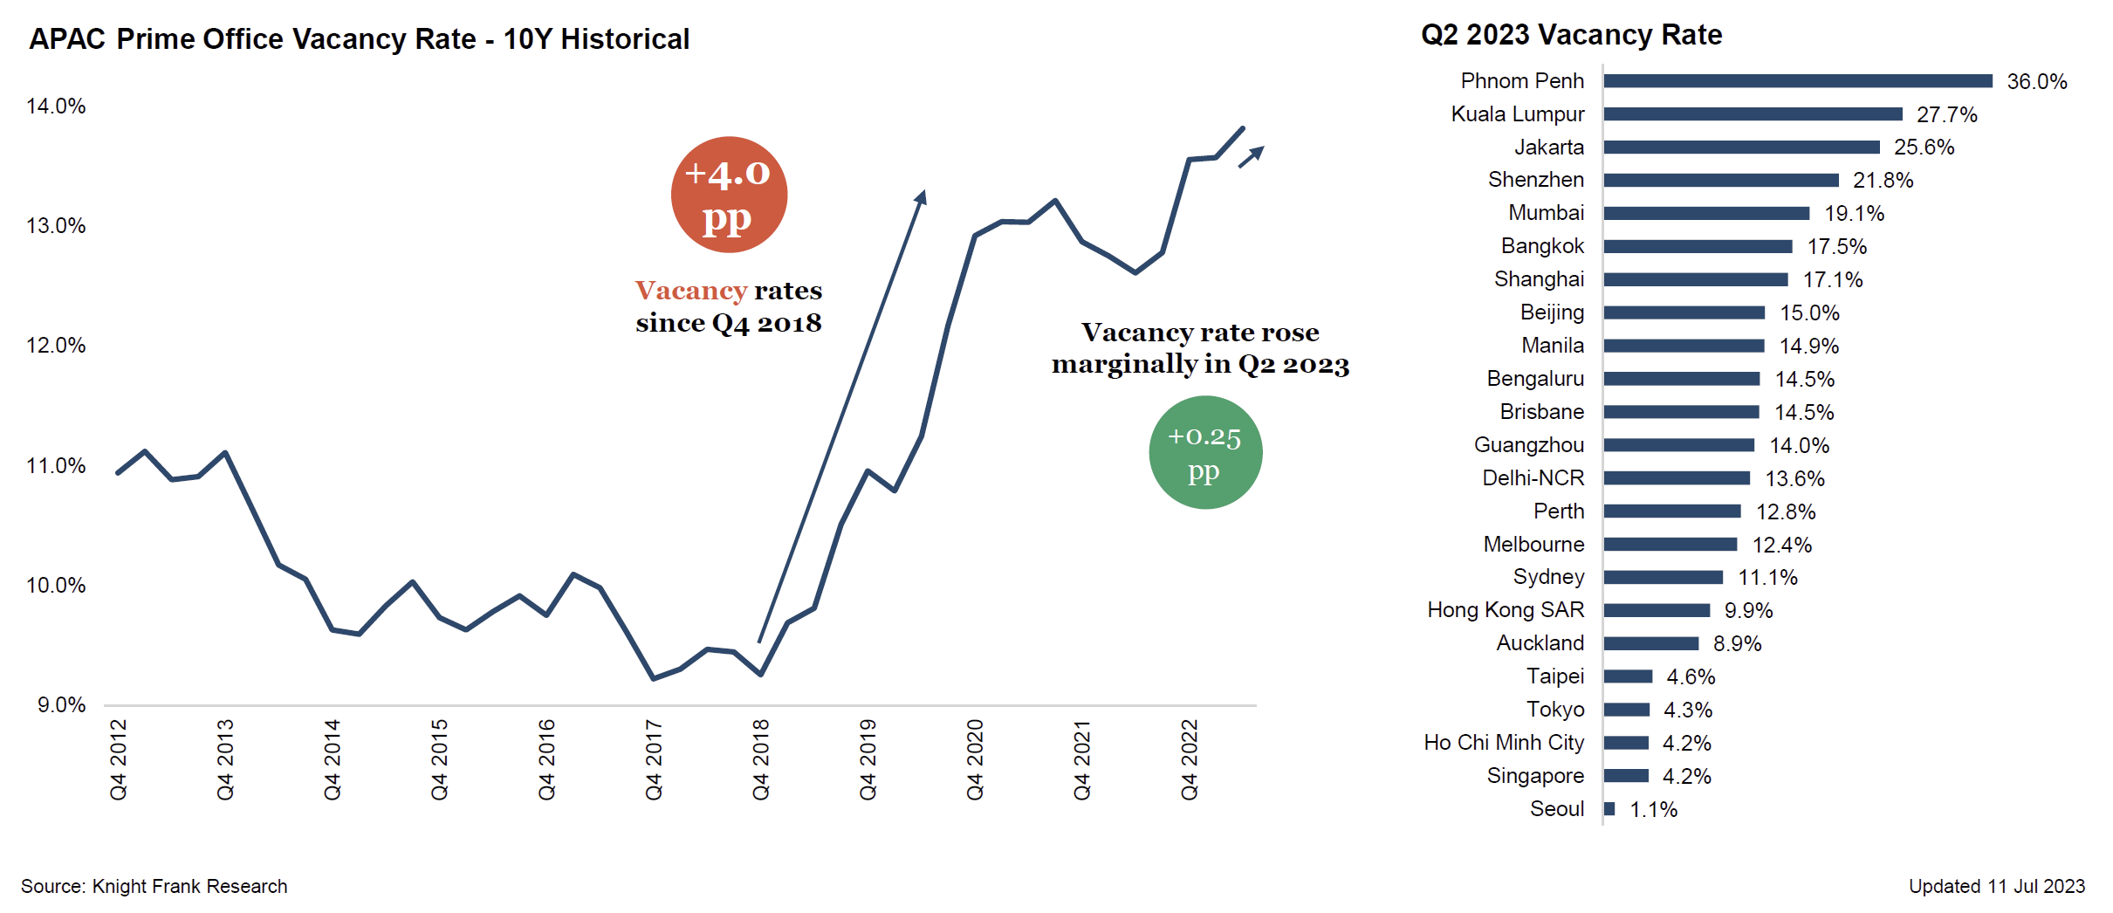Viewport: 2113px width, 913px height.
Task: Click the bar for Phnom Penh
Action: pyautogui.click(x=1797, y=81)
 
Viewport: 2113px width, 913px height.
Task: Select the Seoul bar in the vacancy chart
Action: pyautogui.click(x=1609, y=809)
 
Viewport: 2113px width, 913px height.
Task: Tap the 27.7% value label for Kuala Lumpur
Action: pyautogui.click(x=1946, y=114)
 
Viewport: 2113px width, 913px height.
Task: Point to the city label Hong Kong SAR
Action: pyautogui.click(x=1505, y=610)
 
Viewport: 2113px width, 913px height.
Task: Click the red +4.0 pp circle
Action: pyautogui.click(x=729, y=195)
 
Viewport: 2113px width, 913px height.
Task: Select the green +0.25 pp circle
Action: pyautogui.click(x=1205, y=452)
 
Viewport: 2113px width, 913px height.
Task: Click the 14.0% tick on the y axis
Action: pyautogui.click(x=56, y=106)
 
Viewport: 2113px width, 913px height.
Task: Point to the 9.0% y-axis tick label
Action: pyautogui.click(x=61, y=705)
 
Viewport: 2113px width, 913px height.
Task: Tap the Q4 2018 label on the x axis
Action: pyautogui.click(x=761, y=759)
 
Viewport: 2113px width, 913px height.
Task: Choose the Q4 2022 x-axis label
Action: pyautogui.click(x=1190, y=759)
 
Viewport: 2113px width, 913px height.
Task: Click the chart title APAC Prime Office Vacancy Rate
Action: pyautogui.click(x=359, y=39)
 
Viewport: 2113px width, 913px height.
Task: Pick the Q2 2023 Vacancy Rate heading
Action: pyautogui.click(x=1571, y=35)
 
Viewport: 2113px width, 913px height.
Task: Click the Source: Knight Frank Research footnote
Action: pyautogui.click(x=154, y=887)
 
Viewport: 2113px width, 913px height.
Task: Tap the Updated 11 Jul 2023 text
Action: pyautogui.click(x=1996, y=887)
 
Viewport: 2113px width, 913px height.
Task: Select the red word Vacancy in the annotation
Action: pyautogui.click(x=690, y=291)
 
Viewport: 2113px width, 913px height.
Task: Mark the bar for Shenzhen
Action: pyautogui.click(x=1720, y=180)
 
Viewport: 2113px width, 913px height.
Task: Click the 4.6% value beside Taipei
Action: pyautogui.click(x=1691, y=676)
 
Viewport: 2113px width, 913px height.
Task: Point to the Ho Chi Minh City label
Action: pyautogui.click(x=1503, y=743)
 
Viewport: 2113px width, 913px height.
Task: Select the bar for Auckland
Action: pyautogui.click(x=1650, y=643)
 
